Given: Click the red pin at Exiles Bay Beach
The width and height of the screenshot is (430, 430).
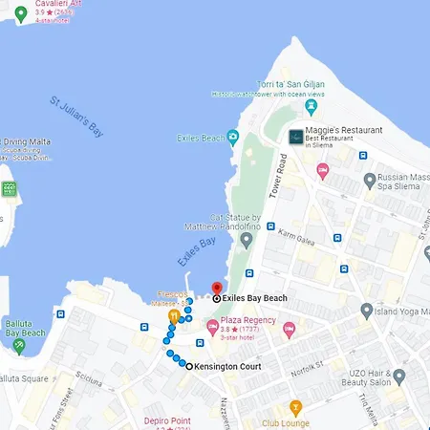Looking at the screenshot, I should point(217,288).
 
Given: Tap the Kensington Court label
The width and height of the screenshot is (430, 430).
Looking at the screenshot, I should point(229,367).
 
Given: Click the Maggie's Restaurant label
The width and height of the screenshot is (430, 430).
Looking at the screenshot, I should point(343,130).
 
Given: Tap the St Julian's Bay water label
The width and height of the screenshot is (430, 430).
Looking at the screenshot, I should point(76,118).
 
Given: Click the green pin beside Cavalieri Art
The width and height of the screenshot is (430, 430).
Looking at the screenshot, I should point(20,12).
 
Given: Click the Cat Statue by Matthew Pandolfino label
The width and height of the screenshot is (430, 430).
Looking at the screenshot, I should point(222,222).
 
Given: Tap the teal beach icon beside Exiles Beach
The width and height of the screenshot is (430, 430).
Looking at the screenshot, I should point(233,137).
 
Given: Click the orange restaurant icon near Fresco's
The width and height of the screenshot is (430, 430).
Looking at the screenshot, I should point(174,314).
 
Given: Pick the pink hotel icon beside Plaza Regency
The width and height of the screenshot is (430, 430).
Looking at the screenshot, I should point(212,328).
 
